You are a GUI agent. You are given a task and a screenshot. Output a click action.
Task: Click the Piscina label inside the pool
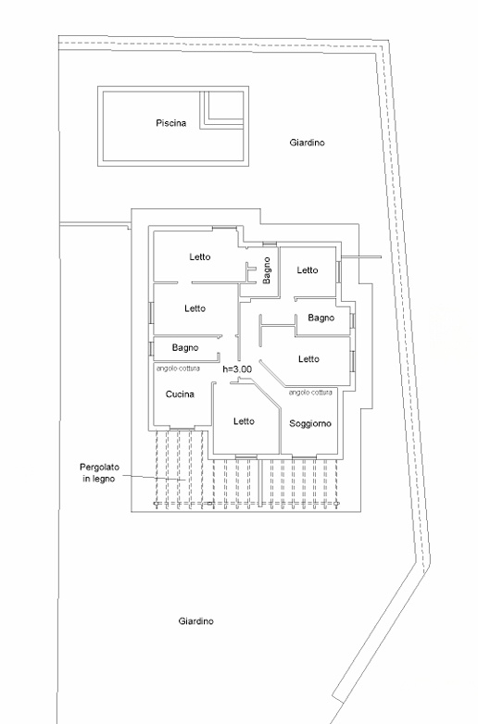point(170,123)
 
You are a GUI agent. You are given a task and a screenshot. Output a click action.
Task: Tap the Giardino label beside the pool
point(308,143)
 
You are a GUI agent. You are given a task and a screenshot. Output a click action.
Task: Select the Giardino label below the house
point(196,621)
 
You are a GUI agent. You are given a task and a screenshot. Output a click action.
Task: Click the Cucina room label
point(180,393)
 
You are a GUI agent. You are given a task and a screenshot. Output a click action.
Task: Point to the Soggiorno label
point(310,423)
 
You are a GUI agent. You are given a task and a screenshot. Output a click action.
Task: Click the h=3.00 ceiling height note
point(237,368)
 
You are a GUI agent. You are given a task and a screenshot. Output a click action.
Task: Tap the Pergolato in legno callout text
point(99,473)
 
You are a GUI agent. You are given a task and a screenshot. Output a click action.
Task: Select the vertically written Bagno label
point(267,270)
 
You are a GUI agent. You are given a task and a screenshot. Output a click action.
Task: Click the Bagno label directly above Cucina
point(185,348)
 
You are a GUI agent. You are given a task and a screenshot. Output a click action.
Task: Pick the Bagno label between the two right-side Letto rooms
point(321,318)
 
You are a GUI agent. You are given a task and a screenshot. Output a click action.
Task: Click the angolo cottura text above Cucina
point(178,368)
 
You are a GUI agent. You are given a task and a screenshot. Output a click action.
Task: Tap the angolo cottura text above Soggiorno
point(310,392)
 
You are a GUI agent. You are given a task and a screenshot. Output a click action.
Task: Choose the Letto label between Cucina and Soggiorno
point(244,421)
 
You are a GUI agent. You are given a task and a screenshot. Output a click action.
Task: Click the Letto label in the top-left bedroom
point(200,256)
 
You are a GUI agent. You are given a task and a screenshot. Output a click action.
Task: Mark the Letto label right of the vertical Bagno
point(308,270)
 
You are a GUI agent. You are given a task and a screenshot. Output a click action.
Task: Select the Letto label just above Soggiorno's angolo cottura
point(309,359)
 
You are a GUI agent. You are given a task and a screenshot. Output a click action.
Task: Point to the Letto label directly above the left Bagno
point(195,308)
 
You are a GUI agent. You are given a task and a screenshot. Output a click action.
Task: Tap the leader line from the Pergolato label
point(154,478)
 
